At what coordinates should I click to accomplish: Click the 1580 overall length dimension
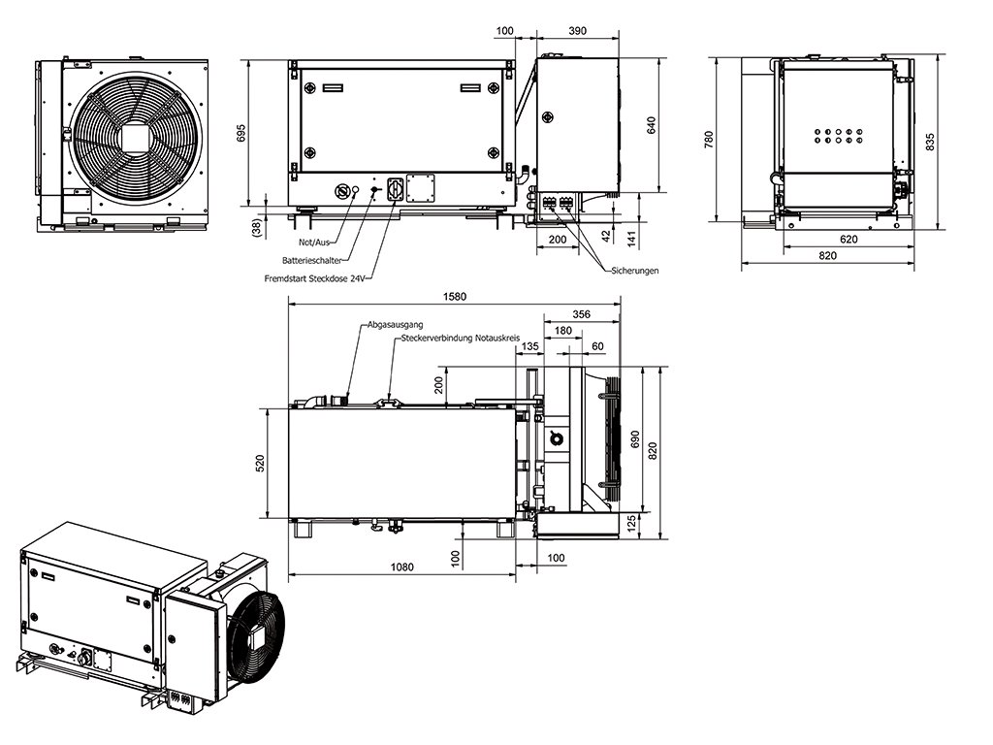pyautogui.click(x=454, y=297)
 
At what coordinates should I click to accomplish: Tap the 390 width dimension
pyautogui.click(x=576, y=31)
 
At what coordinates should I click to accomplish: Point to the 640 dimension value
pyautogui.click(x=653, y=126)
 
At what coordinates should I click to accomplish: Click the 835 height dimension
pyautogui.click(x=930, y=143)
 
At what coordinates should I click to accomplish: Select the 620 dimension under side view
pyautogui.click(x=848, y=239)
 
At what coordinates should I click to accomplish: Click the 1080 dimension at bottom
pyautogui.click(x=400, y=567)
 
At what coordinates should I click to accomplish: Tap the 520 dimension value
pyautogui.click(x=259, y=465)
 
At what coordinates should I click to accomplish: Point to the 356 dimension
pyautogui.click(x=581, y=314)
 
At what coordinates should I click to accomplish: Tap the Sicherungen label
pyautogui.click(x=635, y=271)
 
